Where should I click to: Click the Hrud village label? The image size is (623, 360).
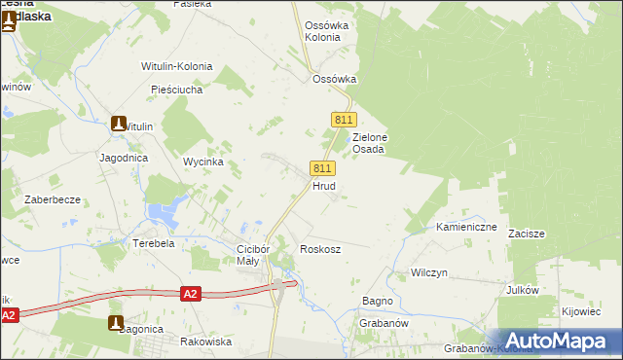pos(324,185)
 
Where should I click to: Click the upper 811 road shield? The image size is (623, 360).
pos(342,119)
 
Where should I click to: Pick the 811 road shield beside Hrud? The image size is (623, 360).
pos(323,168)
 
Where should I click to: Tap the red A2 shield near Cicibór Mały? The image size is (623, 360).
pos(191,293)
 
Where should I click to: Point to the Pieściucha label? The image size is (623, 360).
pos(176,90)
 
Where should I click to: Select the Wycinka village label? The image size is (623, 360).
pos(204,162)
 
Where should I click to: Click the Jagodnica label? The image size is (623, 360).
pos(123,157)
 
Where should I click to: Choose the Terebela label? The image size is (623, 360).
pos(154,243)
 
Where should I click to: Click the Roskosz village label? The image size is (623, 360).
pos(320,249)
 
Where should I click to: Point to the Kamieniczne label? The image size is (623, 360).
pos(466,227)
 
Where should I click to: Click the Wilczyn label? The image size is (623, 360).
pos(428,273)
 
